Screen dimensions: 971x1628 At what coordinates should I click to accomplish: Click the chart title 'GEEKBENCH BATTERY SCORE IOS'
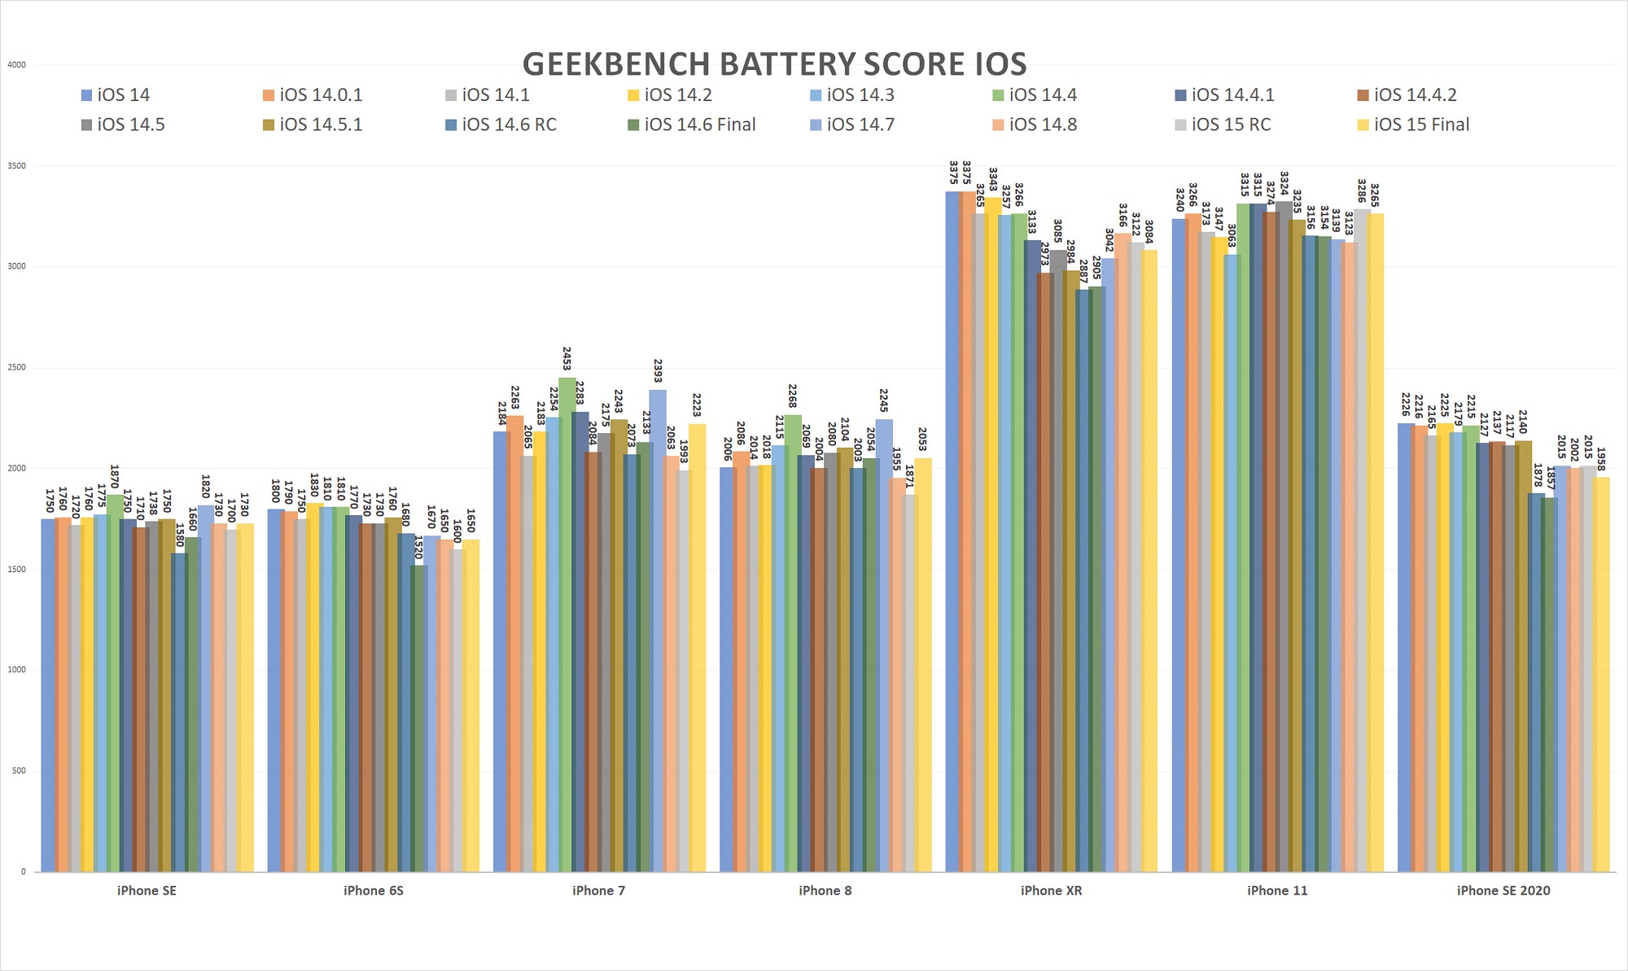(774, 64)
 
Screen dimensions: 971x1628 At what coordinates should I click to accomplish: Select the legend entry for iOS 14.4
(1042, 95)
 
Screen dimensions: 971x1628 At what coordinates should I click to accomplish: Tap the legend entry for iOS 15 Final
(1420, 125)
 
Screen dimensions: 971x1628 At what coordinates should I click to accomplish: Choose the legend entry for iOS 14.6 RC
(508, 125)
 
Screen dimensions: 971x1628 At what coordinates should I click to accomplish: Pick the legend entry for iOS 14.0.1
(320, 95)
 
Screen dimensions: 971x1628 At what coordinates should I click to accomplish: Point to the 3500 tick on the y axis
(16, 166)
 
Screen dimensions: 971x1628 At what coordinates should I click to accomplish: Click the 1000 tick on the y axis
(16, 670)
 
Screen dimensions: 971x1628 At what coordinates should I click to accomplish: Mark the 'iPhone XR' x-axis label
(1051, 890)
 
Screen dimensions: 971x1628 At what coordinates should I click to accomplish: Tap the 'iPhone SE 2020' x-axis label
(1503, 890)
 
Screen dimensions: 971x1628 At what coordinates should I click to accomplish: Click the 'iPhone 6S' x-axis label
(373, 890)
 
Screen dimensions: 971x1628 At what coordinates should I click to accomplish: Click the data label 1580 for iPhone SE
(180, 535)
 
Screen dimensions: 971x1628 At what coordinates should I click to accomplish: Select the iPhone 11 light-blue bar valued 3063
(1231, 562)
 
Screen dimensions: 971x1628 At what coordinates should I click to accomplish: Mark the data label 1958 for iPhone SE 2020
(1600, 460)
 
